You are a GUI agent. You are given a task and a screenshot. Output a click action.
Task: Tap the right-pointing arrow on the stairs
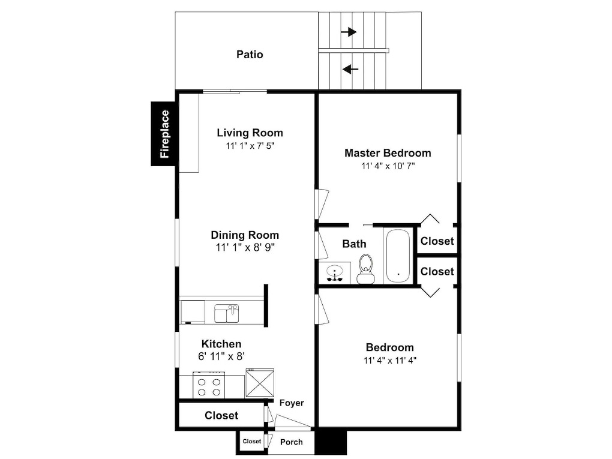click(349, 32)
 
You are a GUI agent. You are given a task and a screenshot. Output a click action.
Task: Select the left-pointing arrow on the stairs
click(350, 70)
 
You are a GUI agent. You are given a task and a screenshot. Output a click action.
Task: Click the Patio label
click(250, 54)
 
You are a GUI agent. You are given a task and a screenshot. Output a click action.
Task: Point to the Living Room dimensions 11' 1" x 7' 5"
click(250, 146)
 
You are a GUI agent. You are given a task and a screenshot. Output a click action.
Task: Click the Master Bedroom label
click(388, 153)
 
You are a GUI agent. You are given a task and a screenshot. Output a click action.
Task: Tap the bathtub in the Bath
click(398, 256)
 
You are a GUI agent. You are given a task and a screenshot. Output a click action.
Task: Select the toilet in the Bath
click(366, 269)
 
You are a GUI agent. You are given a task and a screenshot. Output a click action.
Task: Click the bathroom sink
click(334, 272)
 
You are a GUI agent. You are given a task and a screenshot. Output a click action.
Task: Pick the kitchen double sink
click(227, 314)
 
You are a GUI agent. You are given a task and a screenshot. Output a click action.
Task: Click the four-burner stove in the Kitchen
click(209, 385)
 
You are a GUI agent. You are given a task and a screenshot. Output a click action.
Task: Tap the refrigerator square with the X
click(260, 383)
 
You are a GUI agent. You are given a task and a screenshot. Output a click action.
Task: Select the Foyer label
click(292, 403)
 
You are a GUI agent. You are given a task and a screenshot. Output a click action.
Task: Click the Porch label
click(292, 442)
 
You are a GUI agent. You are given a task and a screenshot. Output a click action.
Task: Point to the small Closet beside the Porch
click(252, 442)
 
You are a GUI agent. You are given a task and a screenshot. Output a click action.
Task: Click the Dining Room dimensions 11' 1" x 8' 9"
click(245, 247)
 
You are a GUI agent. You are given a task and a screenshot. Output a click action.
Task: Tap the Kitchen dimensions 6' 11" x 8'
click(221, 356)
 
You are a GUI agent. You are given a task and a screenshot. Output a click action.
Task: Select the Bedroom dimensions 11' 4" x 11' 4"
click(391, 360)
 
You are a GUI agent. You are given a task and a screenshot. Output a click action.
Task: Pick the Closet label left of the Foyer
click(221, 415)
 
